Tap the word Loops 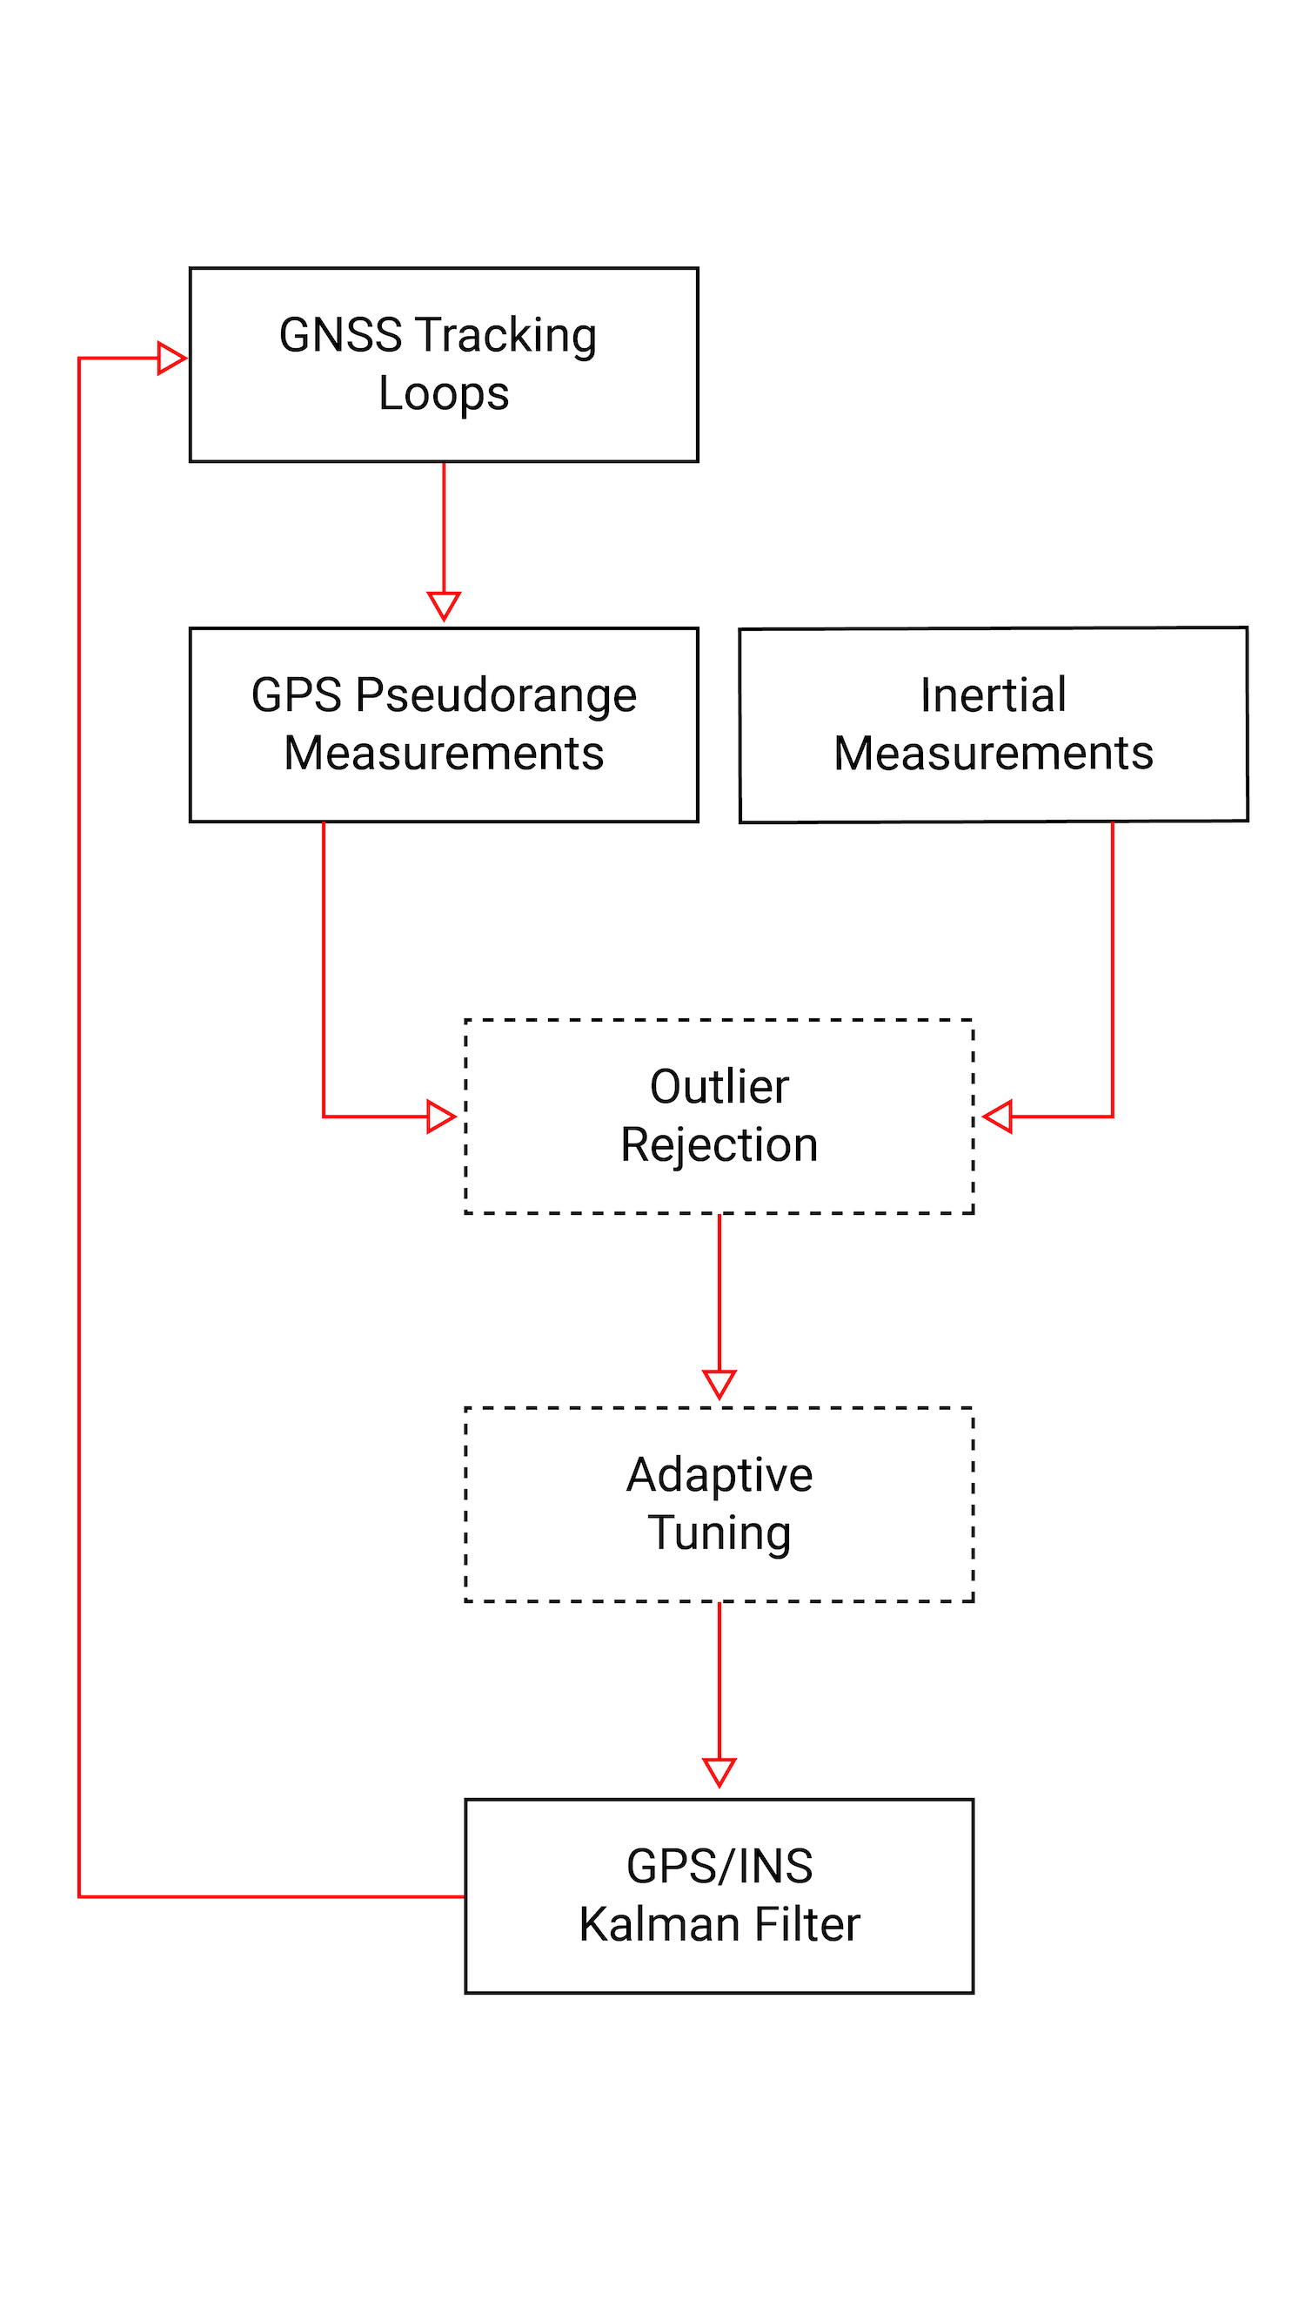click(443, 393)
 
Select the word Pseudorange click(495, 695)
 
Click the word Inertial click(993, 695)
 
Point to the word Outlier click(719, 1087)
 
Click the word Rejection click(719, 1145)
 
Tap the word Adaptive click(719, 1475)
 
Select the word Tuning click(719, 1533)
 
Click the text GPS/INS click(719, 1866)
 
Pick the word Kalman click(661, 1924)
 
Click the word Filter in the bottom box click(807, 1924)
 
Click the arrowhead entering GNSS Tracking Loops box click(171, 358)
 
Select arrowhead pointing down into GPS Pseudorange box click(443, 605)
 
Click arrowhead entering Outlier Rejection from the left click(440, 1117)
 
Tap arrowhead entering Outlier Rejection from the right click(998, 1117)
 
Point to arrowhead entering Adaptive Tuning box click(719, 1383)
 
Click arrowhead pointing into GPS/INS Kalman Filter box click(719, 1771)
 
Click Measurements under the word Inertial click(993, 754)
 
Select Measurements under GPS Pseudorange click(443, 754)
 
